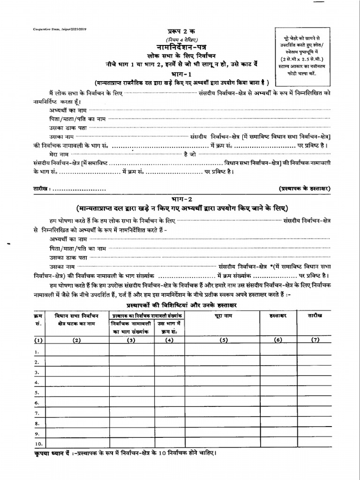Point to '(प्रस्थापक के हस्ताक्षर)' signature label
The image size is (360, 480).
click(305, 188)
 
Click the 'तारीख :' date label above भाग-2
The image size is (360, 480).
click(45, 188)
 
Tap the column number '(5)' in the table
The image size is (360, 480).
click(223, 340)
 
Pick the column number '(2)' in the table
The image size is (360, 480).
click(76, 340)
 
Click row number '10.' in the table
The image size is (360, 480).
click(39, 443)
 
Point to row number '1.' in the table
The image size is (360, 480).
click(37, 351)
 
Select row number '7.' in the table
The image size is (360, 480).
click(37, 413)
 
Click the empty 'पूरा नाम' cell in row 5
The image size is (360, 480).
click(223, 392)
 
